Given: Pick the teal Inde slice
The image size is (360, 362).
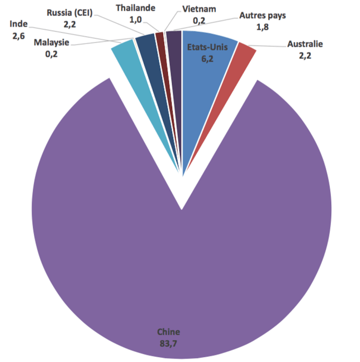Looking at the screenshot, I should click(x=126, y=58).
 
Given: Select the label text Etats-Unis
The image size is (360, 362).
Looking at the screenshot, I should click(x=207, y=47).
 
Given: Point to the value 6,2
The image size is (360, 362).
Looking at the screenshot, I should click(x=207, y=59).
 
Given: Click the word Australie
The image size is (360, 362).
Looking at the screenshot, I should click(x=305, y=44).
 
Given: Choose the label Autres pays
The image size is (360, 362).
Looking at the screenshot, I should click(x=263, y=16).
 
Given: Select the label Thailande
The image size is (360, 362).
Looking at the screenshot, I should click(x=136, y=8).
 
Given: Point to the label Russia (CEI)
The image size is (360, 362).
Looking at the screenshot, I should click(x=70, y=14).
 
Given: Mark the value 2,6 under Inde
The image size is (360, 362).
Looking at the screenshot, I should click(x=18, y=36).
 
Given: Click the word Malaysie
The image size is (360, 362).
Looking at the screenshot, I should click(x=51, y=43).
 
